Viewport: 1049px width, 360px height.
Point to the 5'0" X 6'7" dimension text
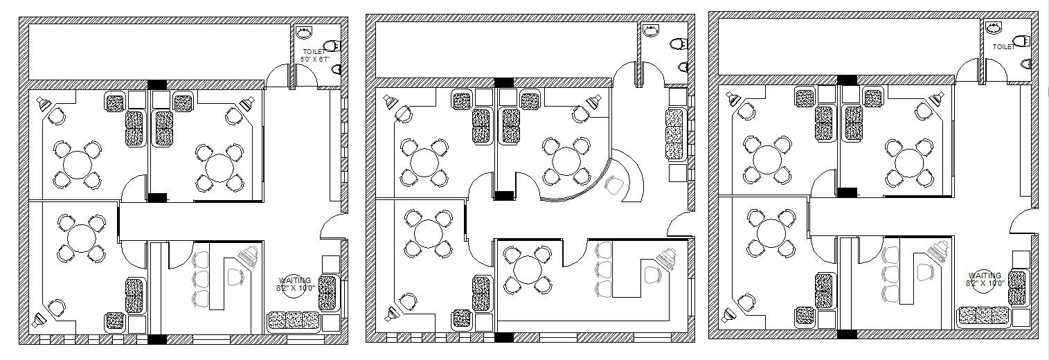click(x=315, y=60)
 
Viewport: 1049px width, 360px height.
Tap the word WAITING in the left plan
click(x=294, y=280)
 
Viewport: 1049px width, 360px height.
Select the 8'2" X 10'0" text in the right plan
click(x=985, y=284)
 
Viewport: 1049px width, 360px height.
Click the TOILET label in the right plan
click(x=1004, y=47)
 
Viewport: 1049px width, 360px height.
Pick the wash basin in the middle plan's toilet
click(x=651, y=30)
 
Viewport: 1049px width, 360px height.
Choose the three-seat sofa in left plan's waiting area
click(x=294, y=321)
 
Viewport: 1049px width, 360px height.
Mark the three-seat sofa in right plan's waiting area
click(x=983, y=316)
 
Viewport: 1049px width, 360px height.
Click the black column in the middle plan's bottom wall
click(x=503, y=337)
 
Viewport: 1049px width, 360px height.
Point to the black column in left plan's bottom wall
click(x=157, y=339)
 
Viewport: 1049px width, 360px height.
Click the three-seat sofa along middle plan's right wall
click(x=674, y=134)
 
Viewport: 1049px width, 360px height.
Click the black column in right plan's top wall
click(x=846, y=79)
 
